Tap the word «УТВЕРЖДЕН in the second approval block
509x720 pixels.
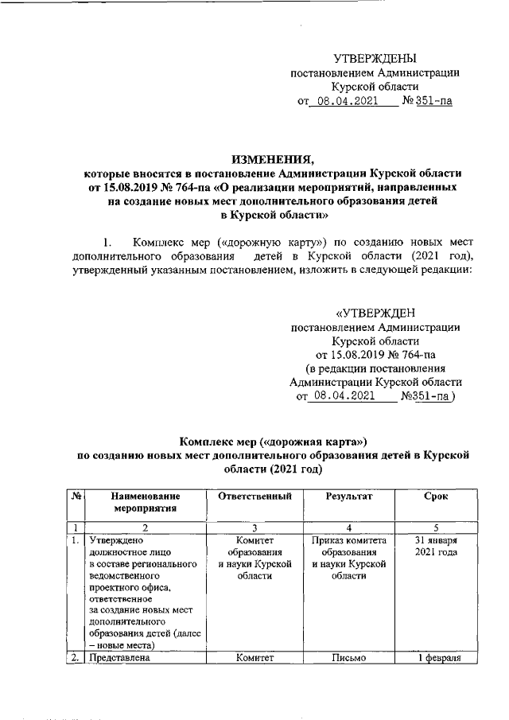coord(374,311)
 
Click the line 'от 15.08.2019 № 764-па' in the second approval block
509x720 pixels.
coord(374,354)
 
